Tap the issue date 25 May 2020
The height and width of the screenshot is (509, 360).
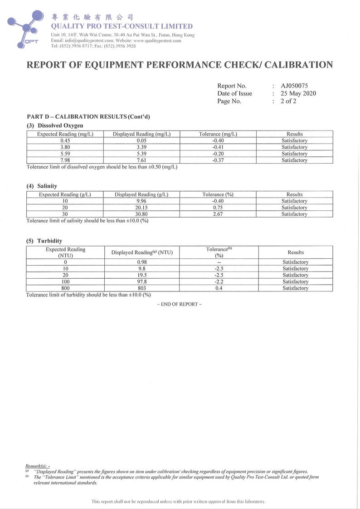click(298, 93)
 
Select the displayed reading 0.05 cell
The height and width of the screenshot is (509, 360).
click(141, 141)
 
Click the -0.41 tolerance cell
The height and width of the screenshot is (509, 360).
click(218, 147)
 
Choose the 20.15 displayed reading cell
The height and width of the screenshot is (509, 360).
click(141, 207)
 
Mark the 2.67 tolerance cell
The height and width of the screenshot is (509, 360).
click(218, 214)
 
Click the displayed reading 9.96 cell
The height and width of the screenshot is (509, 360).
click(141, 201)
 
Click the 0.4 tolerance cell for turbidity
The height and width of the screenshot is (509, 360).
click(219, 288)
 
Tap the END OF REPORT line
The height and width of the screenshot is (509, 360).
click(180, 304)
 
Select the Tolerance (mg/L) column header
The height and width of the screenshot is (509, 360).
click(218, 134)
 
